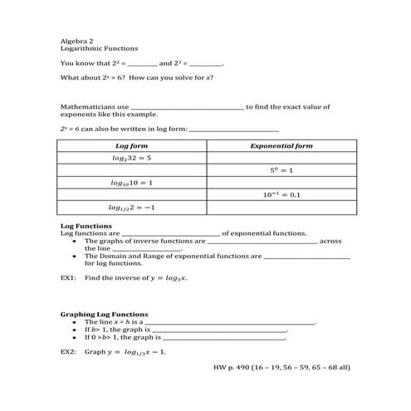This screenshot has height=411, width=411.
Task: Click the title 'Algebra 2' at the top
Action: coord(75,40)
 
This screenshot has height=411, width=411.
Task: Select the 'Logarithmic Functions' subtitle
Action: coord(94,48)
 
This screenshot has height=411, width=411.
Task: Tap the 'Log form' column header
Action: coord(130,146)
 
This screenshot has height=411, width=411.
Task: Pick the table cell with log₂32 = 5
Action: coord(130,158)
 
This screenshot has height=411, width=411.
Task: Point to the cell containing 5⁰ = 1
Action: coord(281,169)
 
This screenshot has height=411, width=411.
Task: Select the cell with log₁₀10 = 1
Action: coord(130,182)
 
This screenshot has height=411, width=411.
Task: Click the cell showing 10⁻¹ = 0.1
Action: coord(281,194)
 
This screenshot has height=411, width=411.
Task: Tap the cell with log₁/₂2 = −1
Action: coord(130,207)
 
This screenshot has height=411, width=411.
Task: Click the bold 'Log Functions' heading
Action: coord(81,226)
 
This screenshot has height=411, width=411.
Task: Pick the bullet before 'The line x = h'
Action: coord(76,322)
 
